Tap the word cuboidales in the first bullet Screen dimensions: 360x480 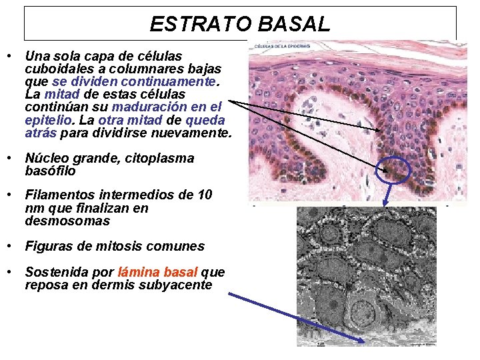(55, 69)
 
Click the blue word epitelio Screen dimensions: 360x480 (49, 121)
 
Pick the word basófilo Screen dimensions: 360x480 (51, 171)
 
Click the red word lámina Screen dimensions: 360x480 (139, 273)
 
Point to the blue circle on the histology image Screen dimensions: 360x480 (393, 170)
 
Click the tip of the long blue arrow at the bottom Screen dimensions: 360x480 (365, 342)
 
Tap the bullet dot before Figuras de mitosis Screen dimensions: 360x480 (10, 246)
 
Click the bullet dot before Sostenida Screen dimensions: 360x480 (10, 273)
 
